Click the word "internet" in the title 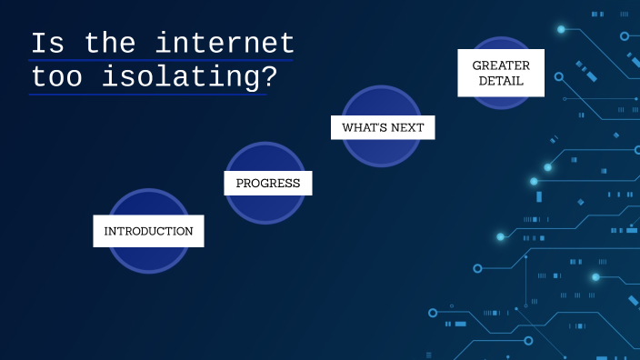pyautogui.click(x=225, y=44)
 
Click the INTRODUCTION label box pyautogui.click(x=148, y=231)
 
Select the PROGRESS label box pyautogui.click(x=268, y=183)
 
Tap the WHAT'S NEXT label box pyautogui.click(x=383, y=127)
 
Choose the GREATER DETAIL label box pyautogui.click(x=501, y=73)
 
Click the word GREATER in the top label pyautogui.click(x=501, y=65)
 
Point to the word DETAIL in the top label pyautogui.click(x=501, y=82)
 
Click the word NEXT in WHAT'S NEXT pyautogui.click(x=406, y=127)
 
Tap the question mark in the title pyautogui.click(x=267, y=77)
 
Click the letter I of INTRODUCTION pyautogui.click(x=107, y=231)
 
